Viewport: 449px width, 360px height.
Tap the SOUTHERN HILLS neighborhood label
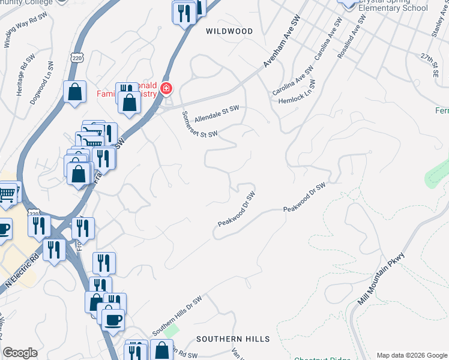coord(233,339)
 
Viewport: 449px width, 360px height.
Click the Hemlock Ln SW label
coord(297,96)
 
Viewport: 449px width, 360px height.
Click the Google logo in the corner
coord(20,353)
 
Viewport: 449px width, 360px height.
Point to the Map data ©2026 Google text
coord(411,355)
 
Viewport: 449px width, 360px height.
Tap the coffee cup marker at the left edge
coord(3,228)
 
